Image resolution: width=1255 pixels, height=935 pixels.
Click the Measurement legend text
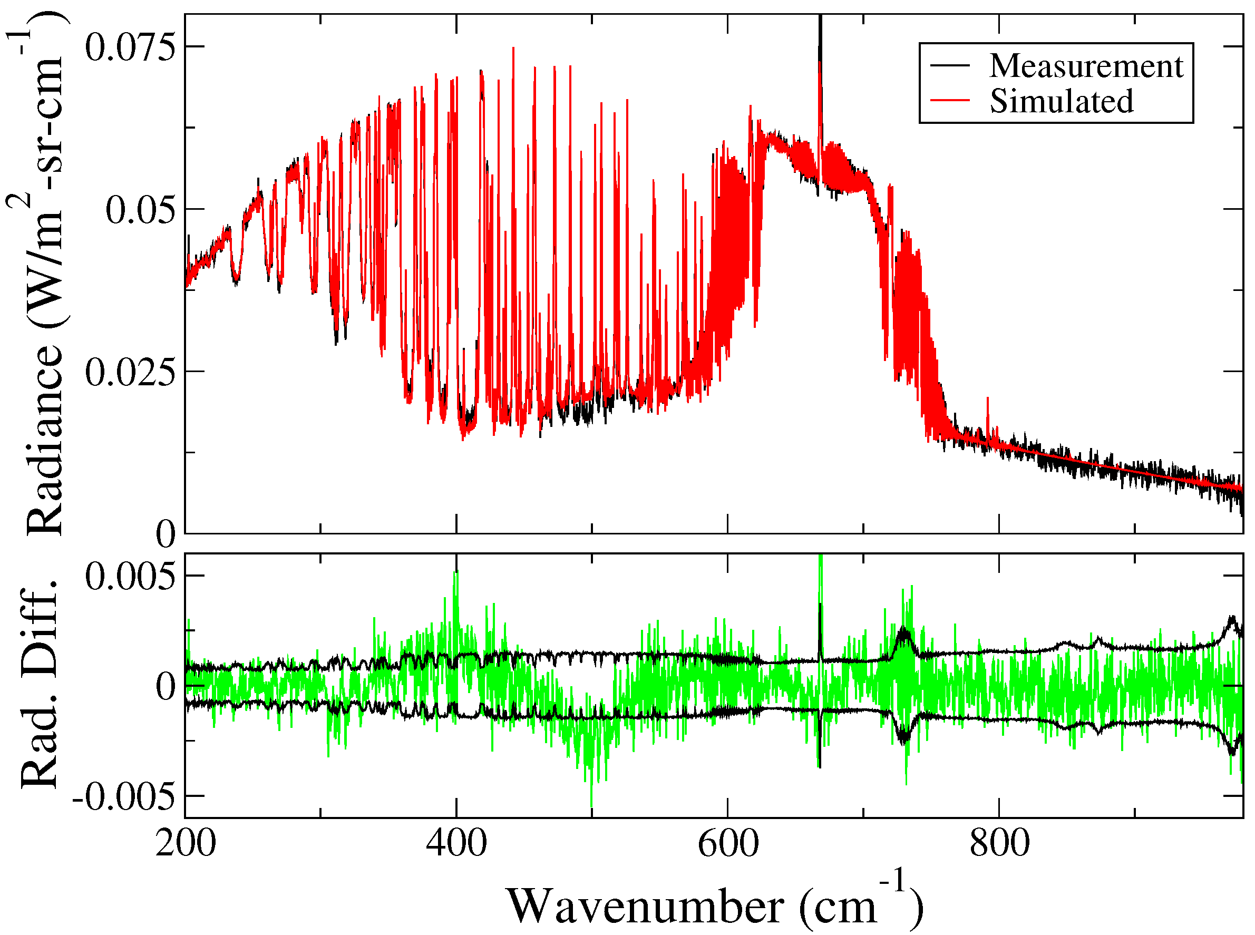click(x=1086, y=66)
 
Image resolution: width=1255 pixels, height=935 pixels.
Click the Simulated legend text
click(x=1062, y=101)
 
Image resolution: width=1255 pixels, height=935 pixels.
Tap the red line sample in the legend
click(x=950, y=101)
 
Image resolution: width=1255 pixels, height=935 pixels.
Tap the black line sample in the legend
click(x=950, y=66)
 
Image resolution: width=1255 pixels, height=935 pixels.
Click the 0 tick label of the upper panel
click(x=166, y=534)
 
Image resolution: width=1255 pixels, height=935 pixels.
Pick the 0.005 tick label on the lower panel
click(x=131, y=577)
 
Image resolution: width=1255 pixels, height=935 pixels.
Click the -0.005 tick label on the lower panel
click(x=124, y=797)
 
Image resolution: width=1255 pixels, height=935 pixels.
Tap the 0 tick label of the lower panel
click(x=166, y=687)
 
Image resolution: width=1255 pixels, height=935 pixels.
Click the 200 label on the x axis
click(x=186, y=843)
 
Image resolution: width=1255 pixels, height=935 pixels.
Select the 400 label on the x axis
click(x=456, y=843)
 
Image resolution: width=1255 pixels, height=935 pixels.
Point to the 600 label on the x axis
click(x=727, y=843)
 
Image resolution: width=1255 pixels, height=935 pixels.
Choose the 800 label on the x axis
click(x=999, y=843)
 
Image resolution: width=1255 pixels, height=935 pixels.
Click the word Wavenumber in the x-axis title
click(x=645, y=906)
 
